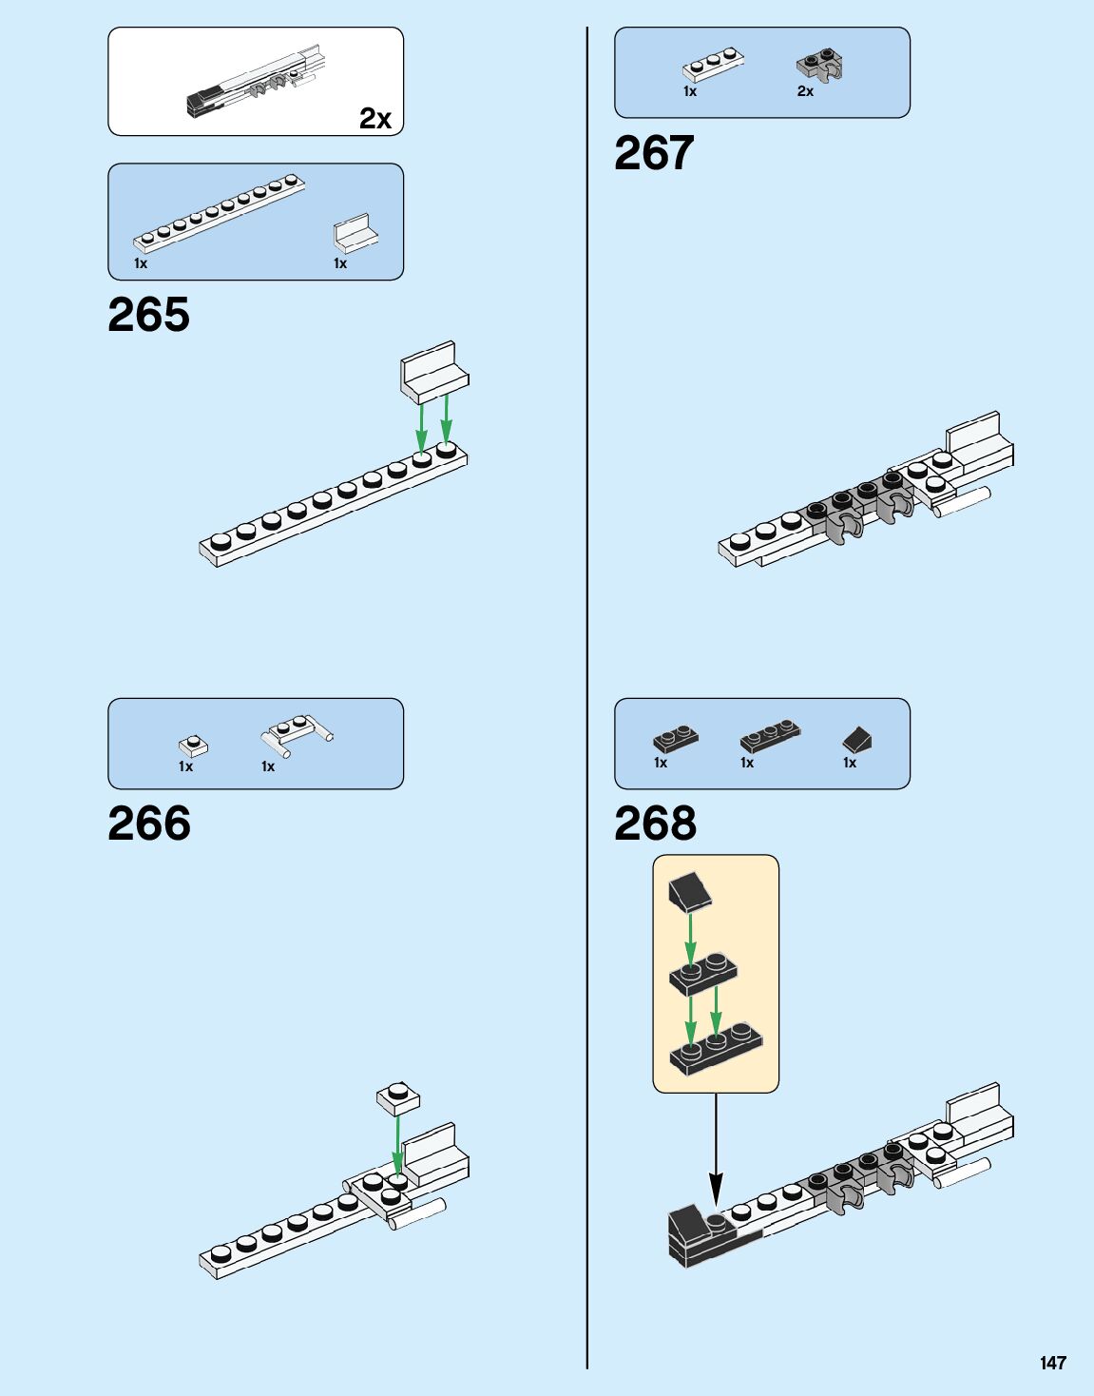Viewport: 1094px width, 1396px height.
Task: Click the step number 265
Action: tap(148, 315)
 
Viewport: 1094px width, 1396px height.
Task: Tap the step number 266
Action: tap(148, 824)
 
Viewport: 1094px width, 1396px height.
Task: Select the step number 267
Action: tap(654, 153)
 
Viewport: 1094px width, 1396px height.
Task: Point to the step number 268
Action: tap(655, 824)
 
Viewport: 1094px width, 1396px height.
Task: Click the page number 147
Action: tap(1052, 1363)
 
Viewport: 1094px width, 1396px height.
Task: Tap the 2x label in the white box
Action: tap(374, 119)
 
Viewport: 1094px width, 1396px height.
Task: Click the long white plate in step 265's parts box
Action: tap(220, 211)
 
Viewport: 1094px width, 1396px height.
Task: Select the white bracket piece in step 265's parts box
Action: tap(355, 233)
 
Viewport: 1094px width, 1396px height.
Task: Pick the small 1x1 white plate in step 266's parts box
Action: tap(193, 746)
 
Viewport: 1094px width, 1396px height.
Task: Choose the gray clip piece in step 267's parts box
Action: tap(820, 66)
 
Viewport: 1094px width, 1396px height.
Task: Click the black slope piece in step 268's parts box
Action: tap(857, 739)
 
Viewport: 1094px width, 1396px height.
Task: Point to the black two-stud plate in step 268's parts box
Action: tap(676, 737)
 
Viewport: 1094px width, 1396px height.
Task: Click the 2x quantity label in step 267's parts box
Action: tap(805, 91)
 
